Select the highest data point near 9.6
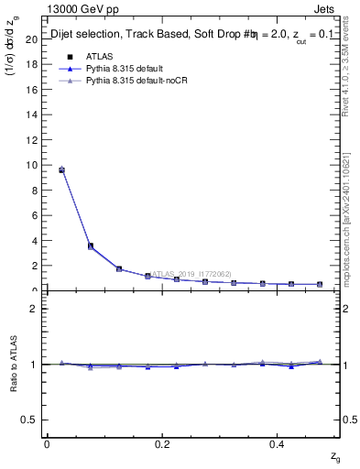point(61,170)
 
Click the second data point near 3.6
point(90,245)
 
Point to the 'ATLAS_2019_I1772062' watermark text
point(192,273)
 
